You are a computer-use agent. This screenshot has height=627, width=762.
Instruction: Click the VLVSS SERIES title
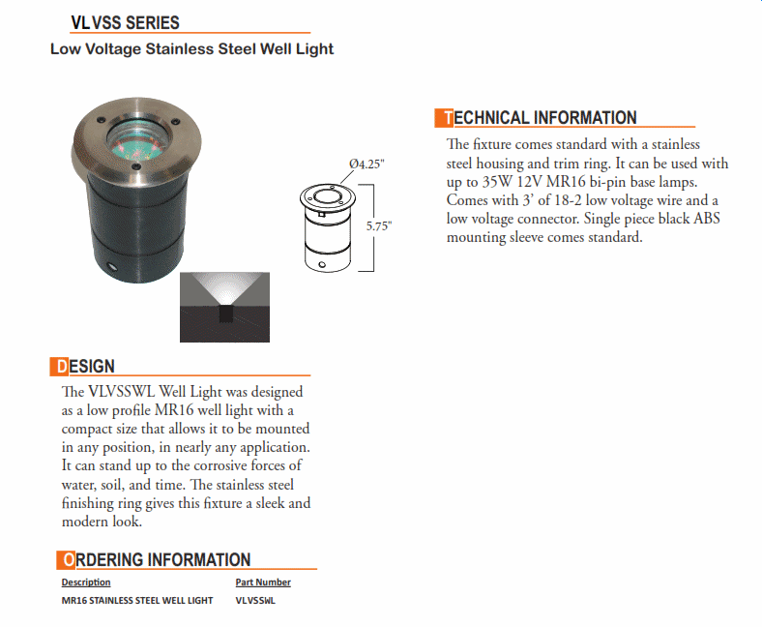click(x=125, y=23)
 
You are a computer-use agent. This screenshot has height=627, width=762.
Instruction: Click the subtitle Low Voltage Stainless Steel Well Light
click(x=191, y=48)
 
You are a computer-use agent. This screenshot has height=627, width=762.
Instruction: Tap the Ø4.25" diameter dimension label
click(x=366, y=164)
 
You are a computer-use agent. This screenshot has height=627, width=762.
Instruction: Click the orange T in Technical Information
click(x=445, y=118)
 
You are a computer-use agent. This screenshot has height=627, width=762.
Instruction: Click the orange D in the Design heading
click(x=59, y=367)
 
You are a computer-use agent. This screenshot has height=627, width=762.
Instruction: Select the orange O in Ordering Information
click(x=66, y=559)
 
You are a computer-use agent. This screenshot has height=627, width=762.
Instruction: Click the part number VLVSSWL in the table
click(x=255, y=601)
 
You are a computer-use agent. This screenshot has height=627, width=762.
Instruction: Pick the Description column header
click(x=86, y=582)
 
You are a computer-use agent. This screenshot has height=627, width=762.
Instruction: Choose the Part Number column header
click(x=263, y=582)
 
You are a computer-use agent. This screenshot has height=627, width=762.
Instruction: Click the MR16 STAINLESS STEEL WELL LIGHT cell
click(x=137, y=601)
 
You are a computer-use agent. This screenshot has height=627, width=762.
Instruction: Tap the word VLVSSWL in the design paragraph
click(x=122, y=392)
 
